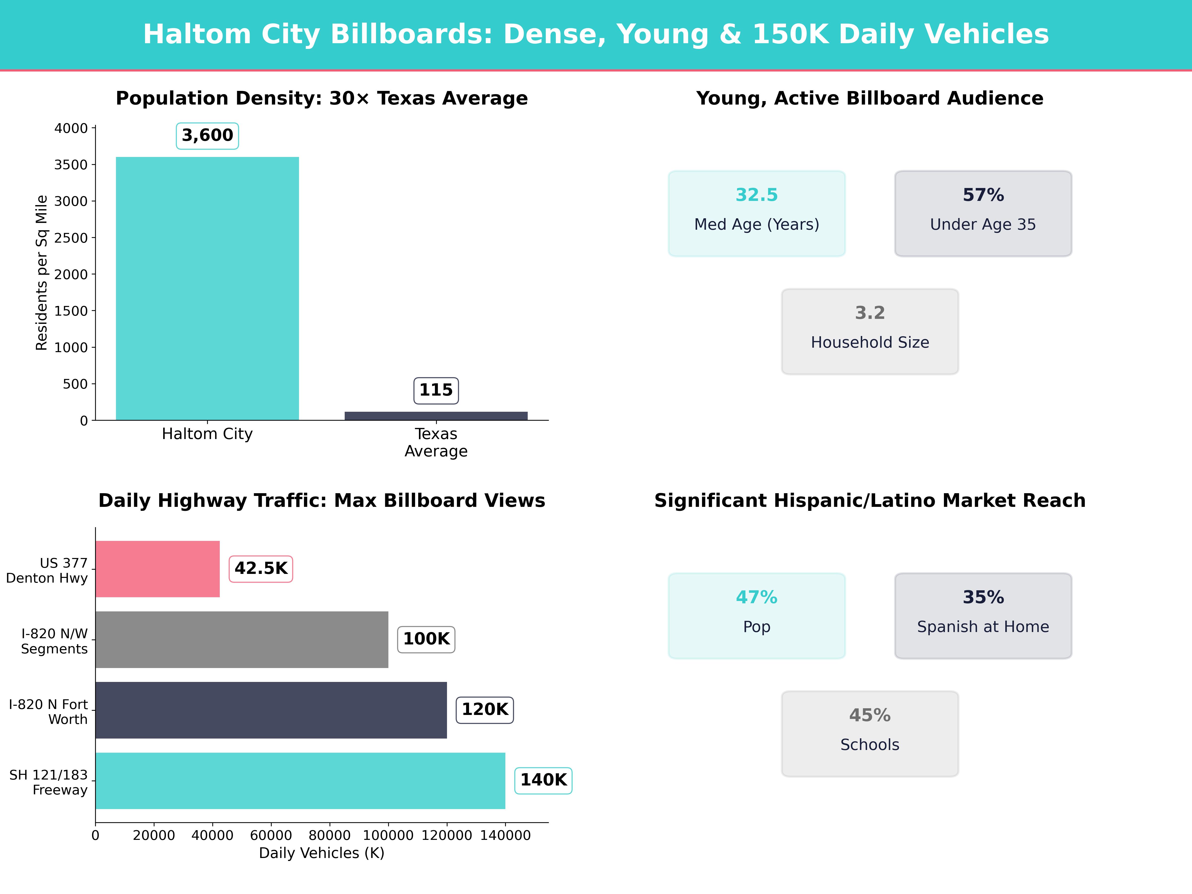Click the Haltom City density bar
pyautogui.click(x=207, y=288)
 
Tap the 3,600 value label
pyautogui.click(x=207, y=135)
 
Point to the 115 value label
pyautogui.click(x=436, y=390)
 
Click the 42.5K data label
pyautogui.click(x=261, y=568)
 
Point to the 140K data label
pyautogui.click(x=543, y=780)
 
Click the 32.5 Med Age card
pyautogui.click(x=757, y=213)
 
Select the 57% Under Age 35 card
pyautogui.click(x=983, y=213)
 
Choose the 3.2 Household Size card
pyautogui.click(x=870, y=332)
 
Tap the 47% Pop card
pyautogui.click(x=757, y=615)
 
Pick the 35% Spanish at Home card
pyautogui.click(x=983, y=615)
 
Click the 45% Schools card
pyautogui.click(x=870, y=733)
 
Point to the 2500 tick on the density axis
pyautogui.click(x=71, y=238)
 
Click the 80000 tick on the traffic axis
pyautogui.click(x=329, y=835)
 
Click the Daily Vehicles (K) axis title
pyautogui.click(x=322, y=853)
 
